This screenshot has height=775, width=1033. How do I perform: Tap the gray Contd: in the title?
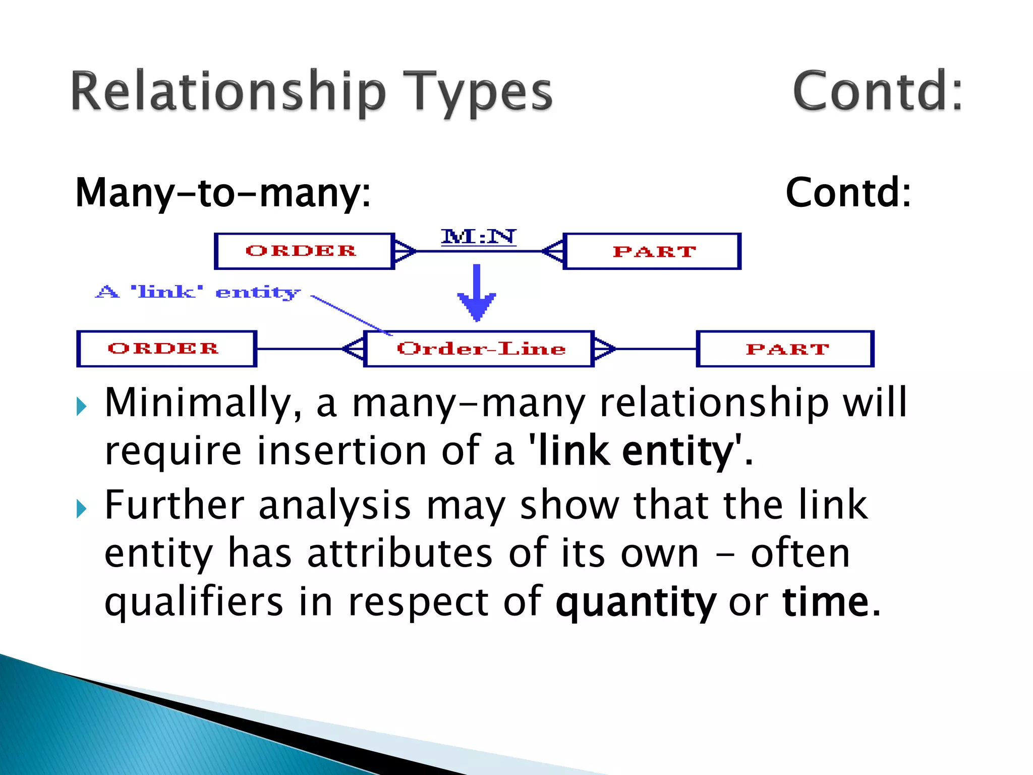[x=877, y=91]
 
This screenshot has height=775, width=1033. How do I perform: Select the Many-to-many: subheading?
[x=223, y=193]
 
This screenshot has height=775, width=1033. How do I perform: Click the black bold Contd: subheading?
[x=848, y=193]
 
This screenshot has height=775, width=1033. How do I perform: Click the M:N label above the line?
[x=478, y=237]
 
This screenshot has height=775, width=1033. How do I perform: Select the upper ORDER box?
[x=304, y=251]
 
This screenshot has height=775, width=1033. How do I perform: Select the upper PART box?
[x=652, y=251]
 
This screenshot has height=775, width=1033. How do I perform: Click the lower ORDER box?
[x=166, y=349]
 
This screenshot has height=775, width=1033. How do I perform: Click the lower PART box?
[x=785, y=349]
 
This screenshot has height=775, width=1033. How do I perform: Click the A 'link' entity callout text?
[x=198, y=292]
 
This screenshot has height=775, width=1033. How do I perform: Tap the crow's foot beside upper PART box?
[x=553, y=251]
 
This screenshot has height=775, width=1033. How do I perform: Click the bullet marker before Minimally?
[x=81, y=406]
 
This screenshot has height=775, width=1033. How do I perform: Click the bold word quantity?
[x=636, y=602]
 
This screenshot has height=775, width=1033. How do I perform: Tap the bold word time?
[x=826, y=602]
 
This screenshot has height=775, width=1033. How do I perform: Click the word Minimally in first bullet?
[x=203, y=403]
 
